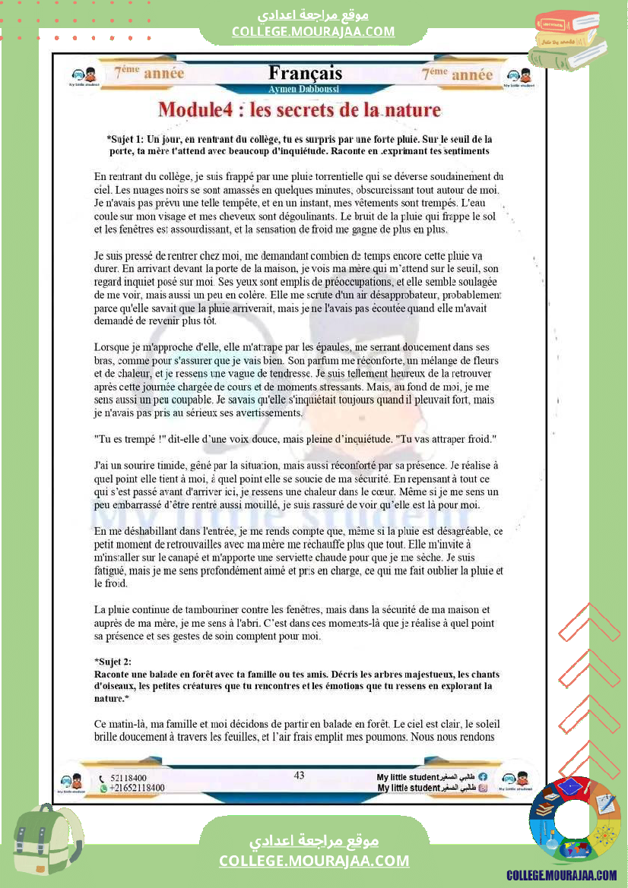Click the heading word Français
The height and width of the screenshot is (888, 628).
tap(305, 74)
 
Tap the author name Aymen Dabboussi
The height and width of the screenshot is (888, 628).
tap(305, 89)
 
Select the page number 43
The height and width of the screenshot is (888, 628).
tap(299, 775)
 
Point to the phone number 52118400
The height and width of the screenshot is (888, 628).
tap(128, 779)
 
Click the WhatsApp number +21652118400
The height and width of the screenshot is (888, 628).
tap(137, 788)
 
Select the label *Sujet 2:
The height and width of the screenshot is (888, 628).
tap(113, 662)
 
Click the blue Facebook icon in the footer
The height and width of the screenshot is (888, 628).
tap(483, 777)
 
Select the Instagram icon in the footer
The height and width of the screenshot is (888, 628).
tap(483, 788)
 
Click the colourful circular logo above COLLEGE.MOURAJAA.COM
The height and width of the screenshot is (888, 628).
tap(574, 822)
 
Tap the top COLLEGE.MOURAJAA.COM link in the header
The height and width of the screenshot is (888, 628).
tap(313, 31)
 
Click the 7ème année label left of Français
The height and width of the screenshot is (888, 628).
tap(149, 74)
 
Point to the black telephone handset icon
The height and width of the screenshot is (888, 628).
tap(103, 779)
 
